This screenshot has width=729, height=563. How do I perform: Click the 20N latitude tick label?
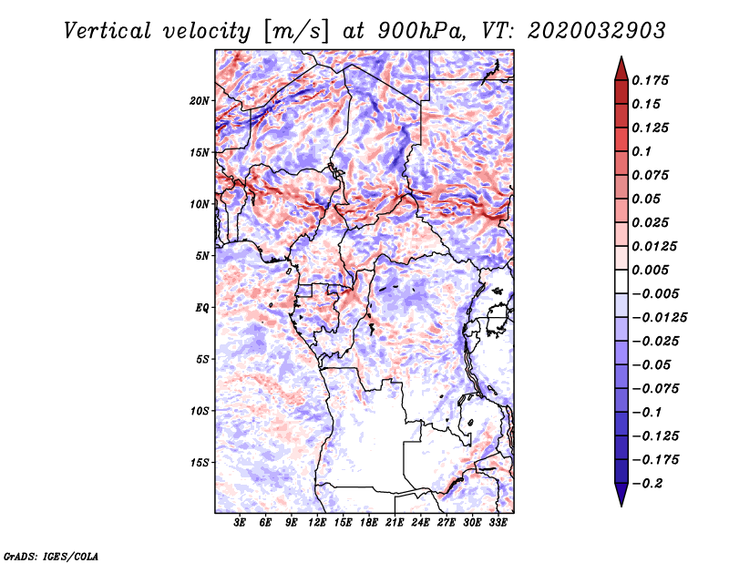pyautogui.click(x=200, y=101)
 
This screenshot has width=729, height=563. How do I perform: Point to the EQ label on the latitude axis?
pyautogui.click(x=202, y=308)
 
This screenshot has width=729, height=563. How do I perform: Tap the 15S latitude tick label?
pyautogui.click(x=200, y=463)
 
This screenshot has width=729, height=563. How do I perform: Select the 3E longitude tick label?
pyautogui.click(x=240, y=523)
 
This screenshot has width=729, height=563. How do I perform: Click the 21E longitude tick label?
pyautogui.click(x=395, y=523)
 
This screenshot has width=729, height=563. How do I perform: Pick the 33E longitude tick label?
pyautogui.click(x=498, y=523)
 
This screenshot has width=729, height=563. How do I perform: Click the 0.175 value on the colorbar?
pyautogui.click(x=650, y=80)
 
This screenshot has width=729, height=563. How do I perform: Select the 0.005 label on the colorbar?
pyautogui.click(x=650, y=270)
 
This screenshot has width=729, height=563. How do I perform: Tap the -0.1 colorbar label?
pyautogui.click(x=647, y=413)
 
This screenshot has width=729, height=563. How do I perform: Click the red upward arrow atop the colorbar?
pyautogui.click(x=621, y=68)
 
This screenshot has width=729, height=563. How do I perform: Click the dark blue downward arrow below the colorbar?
pyautogui.click(x=621, y=495)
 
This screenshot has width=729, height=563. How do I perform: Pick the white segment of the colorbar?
pyautogui.click(x=621, y=281)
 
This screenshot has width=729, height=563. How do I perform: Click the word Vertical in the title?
pyautogui.click(x=108, y=31)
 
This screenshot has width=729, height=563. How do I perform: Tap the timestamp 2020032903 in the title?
pyautogui.click(x=597, y=31)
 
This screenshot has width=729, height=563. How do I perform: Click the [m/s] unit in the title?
pyautogui.click(x=297, y=32)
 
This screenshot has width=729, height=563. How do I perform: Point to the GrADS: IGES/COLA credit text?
pyautogui.click(x=51, y=557)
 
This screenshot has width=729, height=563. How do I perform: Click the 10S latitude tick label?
pyautogui.click(x=200, y=411)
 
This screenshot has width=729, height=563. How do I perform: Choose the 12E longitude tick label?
pyautogui.click(x=317, y=523)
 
